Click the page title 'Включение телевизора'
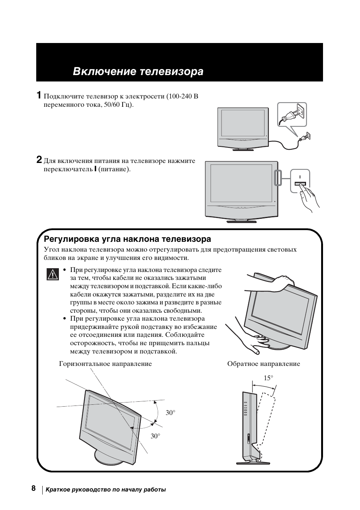pos(138,71)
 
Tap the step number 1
pos(39,95)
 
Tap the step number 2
pos(39,160)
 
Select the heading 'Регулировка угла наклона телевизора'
pos(128,239)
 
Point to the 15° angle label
pos(268,378)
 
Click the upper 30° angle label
pos(171,413)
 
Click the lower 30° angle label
pos(155,436)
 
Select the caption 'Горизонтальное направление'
pos(105,364)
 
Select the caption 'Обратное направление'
pos(263,364)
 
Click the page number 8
pos(33,489)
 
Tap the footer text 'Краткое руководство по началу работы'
pos(106,490)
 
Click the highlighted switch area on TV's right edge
pos(278,177)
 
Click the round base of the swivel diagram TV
pos(108,458)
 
